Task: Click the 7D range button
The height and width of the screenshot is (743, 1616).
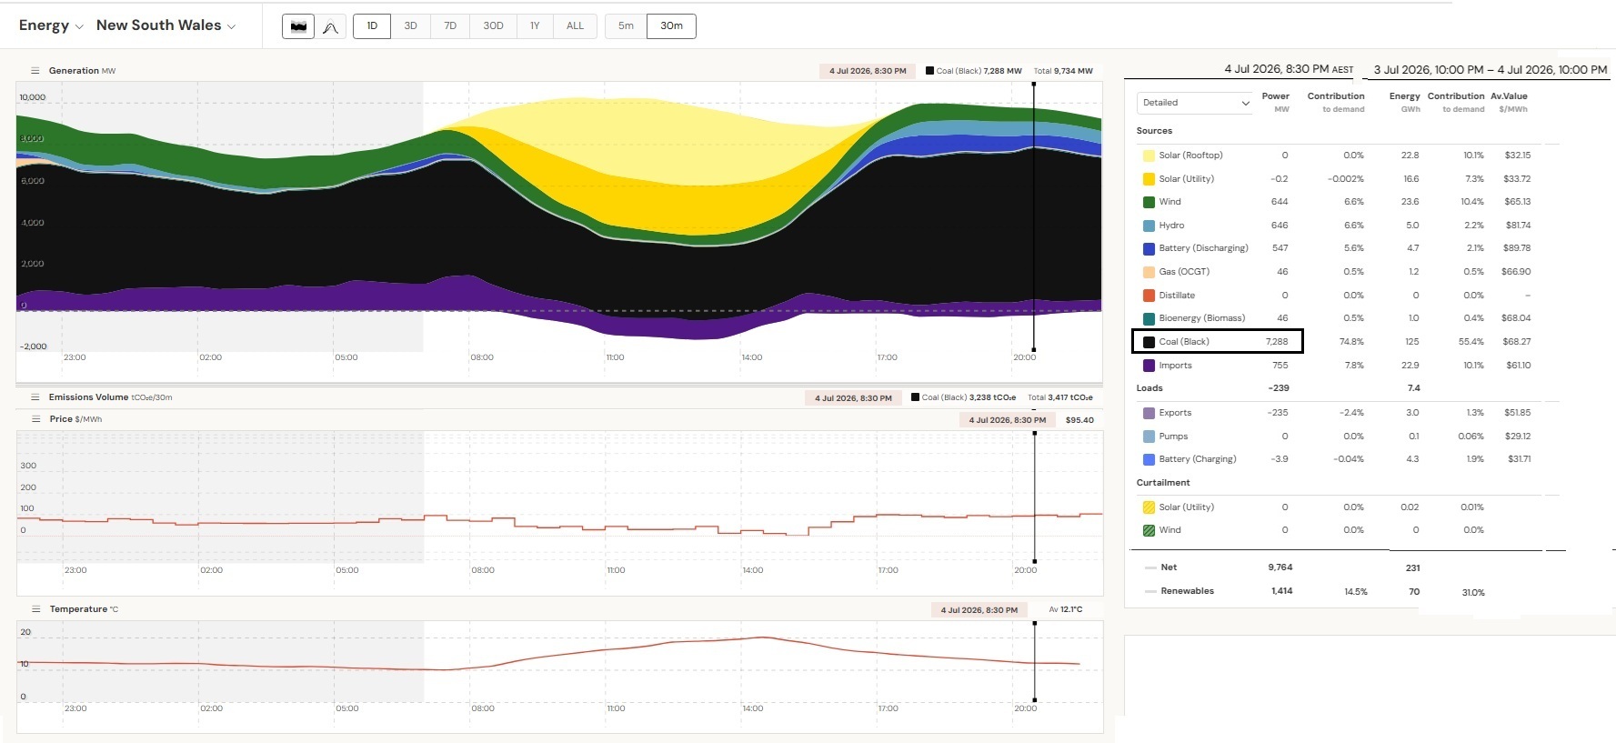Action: (450, 25)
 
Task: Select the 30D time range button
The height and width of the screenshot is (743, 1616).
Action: (493, 25)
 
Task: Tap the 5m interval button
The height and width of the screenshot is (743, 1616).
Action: (626, 25)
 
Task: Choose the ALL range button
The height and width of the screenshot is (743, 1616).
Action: (575, 25)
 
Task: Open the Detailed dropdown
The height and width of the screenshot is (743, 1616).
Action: (1195, 103)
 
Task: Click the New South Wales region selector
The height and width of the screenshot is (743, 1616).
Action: (166, 25)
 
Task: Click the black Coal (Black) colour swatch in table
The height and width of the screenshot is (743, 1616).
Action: (1149, 342)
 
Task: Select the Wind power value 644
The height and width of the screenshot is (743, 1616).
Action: (1280, 202)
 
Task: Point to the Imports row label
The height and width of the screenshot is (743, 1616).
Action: (1175, 366)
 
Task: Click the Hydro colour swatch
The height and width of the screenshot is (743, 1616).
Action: (1149, 226)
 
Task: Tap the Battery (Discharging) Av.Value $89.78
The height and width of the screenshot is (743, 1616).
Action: (1517, 248)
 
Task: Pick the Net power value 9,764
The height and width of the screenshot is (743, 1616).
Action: (1280, 567)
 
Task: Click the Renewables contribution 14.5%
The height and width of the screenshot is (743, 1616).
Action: (1355, 592)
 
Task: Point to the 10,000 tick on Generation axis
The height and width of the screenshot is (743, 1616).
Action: (33, 97)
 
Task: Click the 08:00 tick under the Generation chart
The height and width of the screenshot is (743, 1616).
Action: (482, 357)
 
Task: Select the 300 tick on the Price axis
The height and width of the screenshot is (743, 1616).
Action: (28, 466)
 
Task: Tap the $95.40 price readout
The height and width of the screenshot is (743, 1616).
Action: (1079, 420)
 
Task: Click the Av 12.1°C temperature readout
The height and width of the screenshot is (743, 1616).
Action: (1066, 610)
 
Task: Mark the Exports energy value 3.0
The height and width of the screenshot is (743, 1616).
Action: (1412, 413)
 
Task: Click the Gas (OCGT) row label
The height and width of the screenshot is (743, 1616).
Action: (1184, 272)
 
